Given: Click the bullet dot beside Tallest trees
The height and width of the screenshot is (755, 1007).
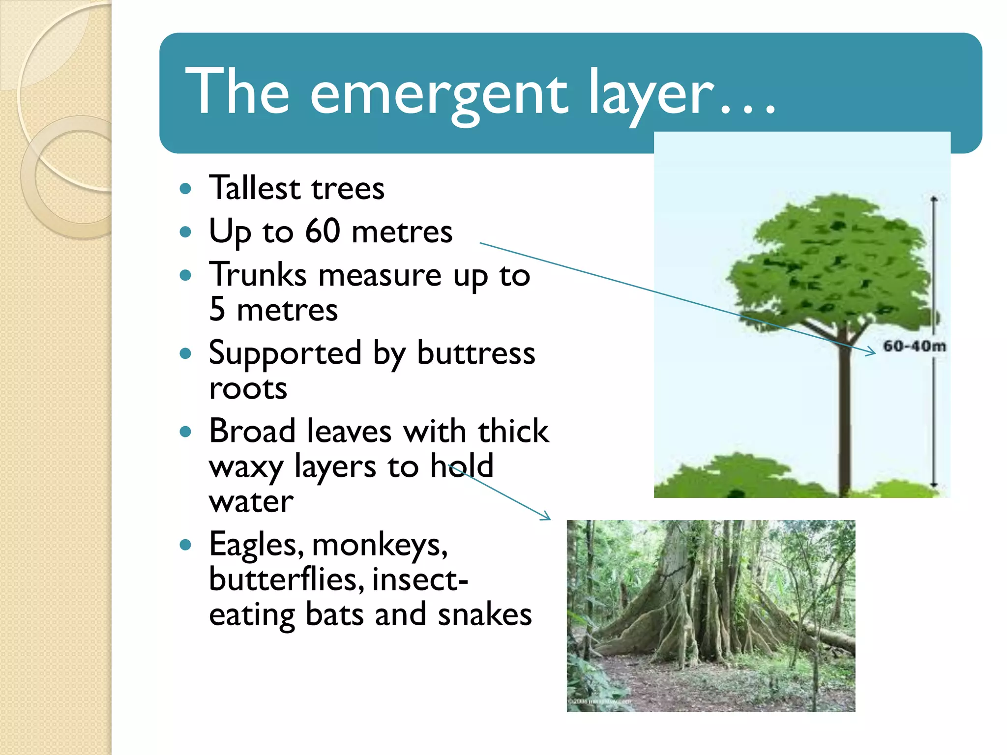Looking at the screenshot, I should [x=185, y=189].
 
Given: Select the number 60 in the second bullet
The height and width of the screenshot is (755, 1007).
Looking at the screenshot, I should [x=322, y=231].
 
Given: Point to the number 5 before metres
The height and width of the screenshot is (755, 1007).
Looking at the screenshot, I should [x=217, y=310].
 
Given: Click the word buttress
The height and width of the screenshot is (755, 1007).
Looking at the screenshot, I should [x=475, y=353].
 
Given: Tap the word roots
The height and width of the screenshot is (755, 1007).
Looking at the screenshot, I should [x=248, y=388].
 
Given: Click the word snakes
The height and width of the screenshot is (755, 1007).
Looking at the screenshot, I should [x=484, y=614].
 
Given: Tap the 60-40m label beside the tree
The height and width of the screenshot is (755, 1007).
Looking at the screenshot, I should [x=914, y=346].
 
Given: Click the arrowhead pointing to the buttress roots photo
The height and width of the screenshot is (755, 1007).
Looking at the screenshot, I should [x=546, y=516].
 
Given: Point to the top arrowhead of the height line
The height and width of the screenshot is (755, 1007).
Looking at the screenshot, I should [x=934, y=199].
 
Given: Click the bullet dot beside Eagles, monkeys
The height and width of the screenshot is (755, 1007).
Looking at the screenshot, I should [x=185, y=545].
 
